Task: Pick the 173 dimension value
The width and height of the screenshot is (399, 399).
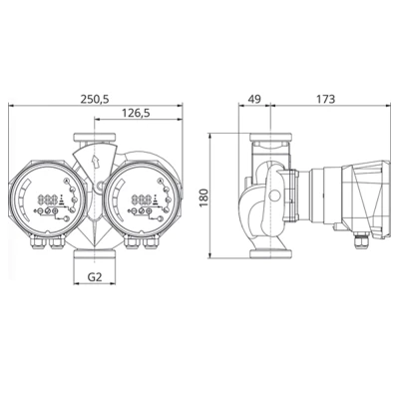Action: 324,99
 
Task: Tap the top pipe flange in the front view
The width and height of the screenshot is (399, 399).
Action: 95,135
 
